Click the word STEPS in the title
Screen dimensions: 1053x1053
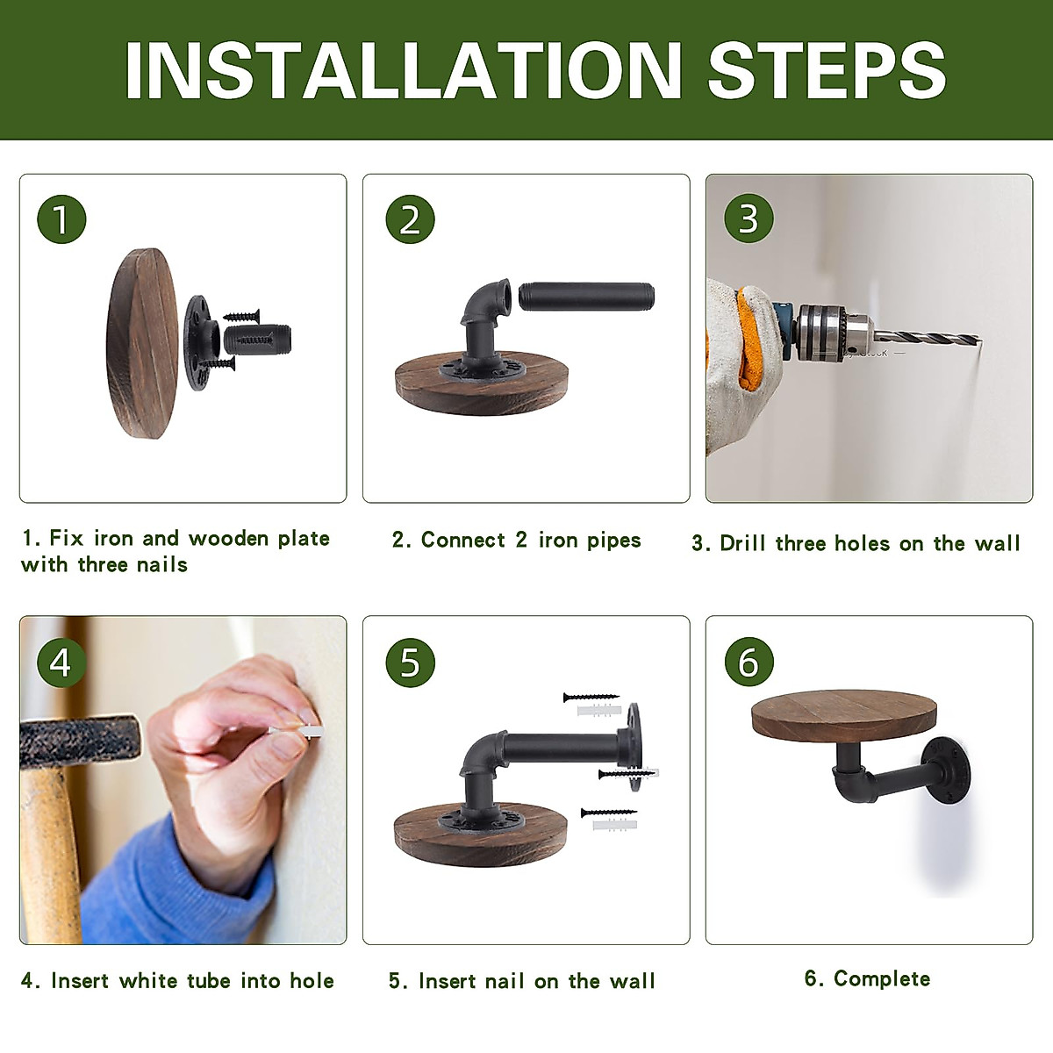pyautogui.click(x=827, y=70)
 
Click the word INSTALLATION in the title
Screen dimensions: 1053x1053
pyautogui.click(x=404, y=70)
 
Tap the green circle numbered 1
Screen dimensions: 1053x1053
pyautogui.click(x=61, y=219)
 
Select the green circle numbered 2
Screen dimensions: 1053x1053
pyautogui.click(x=410, y=219)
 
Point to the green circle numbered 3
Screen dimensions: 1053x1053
pyautogui.click(x=749, y=218)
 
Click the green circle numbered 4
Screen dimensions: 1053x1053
pyautogui.click(x=61, y=663)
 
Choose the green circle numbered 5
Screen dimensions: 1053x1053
pyautogui.click(x=410, y=663)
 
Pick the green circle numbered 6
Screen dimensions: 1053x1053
pyautogui.click(x=749, y=662)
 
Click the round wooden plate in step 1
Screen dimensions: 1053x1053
pyautogui.click(x=142, y=343)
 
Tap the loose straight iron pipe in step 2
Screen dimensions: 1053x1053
pyautogui.click(x=586, y=297)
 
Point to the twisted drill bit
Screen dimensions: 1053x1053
pyautogui.click(x=927, y=338)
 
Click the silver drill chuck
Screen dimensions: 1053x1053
pyautogui.click(x=834, y=333)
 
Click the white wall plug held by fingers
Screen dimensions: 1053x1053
pyautogui.click(x=297, y=731)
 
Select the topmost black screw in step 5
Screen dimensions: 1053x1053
pyautogui.click(x=591, y=698)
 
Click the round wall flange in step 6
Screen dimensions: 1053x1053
pyautogui.click(x=946, y=771)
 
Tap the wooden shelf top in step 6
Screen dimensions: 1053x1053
pyautogui.click(x=843, y=715)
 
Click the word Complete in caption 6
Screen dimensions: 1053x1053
pyautogui.click(x=881, y=978)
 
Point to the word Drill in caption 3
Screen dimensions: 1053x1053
pyautogui.click(x=742, y=543)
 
